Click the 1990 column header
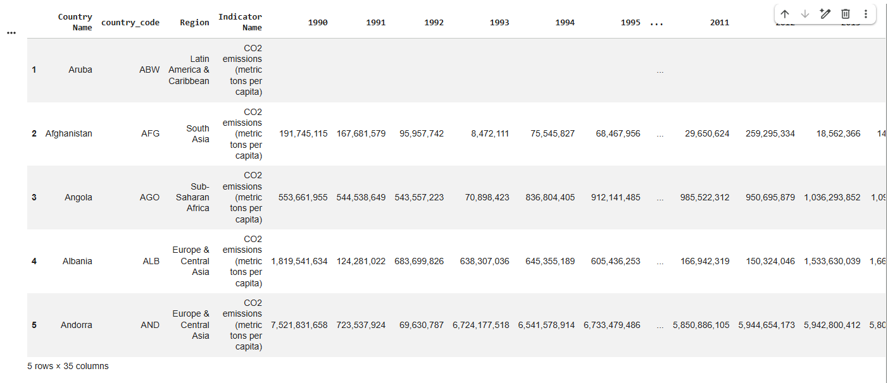318,23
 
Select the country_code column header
130,23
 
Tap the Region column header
194,23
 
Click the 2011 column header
719,23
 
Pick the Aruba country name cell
80,70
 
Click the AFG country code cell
150,134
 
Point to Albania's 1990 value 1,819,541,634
299,261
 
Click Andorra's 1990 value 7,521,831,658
299,325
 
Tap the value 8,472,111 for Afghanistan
490,134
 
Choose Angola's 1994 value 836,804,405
550,197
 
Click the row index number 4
34,261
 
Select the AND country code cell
150,325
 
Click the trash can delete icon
846,14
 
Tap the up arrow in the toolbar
785,14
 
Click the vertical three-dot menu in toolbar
866,14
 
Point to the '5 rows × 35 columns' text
68,366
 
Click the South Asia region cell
197,134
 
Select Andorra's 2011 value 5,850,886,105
701,325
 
